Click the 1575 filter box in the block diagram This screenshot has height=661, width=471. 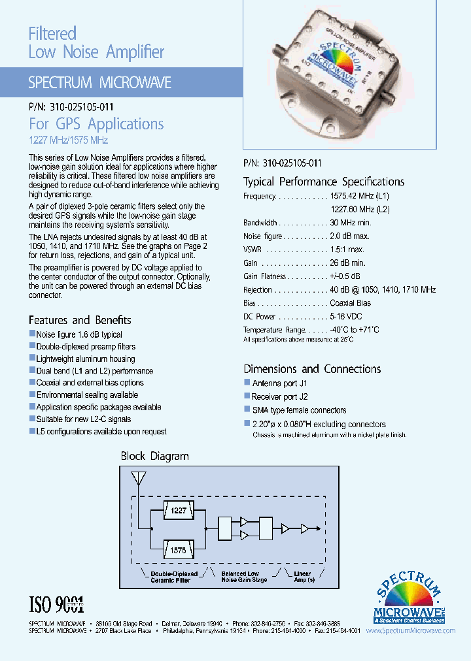tap(178, 551)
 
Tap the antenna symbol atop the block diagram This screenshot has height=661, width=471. tap(138, 478)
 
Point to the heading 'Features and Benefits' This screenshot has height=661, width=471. tap(80, 320)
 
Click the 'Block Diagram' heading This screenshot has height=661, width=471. tap(155, 456)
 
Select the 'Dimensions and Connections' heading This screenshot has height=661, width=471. tap(312, 369)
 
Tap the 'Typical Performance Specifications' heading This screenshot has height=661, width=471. tap(324, 182)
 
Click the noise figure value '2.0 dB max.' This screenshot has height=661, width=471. tap(350, 236)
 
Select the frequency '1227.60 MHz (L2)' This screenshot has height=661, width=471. tap(360, 209)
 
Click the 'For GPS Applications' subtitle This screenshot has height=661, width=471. tap(96, 123)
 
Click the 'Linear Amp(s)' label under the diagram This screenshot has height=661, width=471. tap(302, 577)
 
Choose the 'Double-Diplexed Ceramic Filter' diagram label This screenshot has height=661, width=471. tap(170, 577)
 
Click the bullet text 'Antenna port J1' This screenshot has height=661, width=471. tap(279, 383)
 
